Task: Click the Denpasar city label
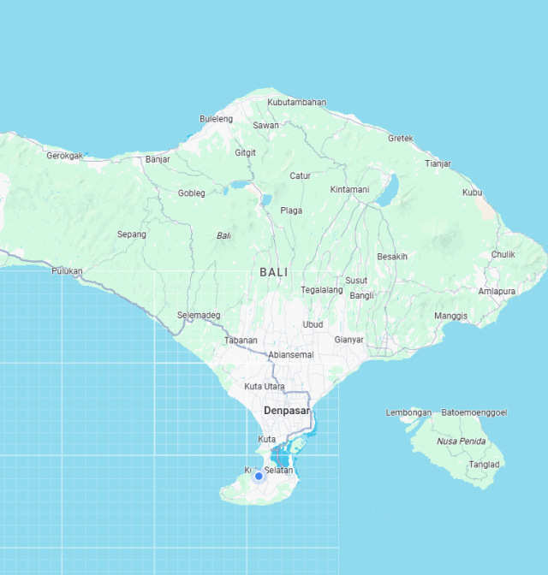point(287,411)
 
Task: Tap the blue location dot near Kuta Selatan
point(259,476)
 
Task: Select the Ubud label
point(313,324)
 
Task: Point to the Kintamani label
point(349,189)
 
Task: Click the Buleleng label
point(216,118)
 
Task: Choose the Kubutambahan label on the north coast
point(296,102)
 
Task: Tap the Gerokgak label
point(65,156)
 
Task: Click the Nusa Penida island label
point(461,442)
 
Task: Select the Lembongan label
point(408,412)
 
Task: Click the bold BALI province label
point(274,271)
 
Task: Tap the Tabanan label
point(241,340)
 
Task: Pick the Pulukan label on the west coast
point(67,270)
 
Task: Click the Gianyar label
point(348,340)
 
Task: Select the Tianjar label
point(438,163)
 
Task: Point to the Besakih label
point(392,256)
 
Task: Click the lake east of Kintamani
point(388,191)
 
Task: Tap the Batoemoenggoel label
point(474,412)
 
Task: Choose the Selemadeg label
point(199,315)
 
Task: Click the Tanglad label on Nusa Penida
point(484,465)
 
